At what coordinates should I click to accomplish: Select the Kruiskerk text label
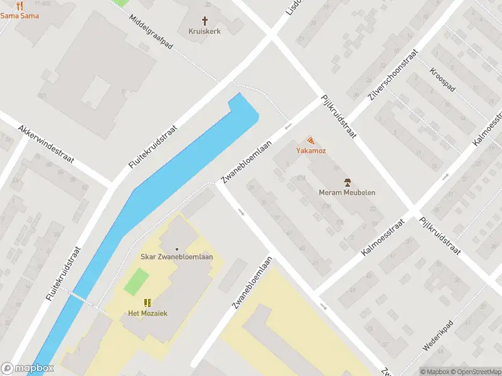click(205, 31)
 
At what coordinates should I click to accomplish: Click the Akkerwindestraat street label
click(46, 144)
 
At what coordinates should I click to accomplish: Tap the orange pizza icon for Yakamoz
click(311, 141)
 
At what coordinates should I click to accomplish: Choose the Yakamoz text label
click(311, 151)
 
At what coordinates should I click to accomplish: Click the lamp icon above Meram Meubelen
click(347, 182)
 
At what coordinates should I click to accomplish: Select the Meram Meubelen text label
click(346, 192)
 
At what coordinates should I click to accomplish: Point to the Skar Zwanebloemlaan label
click(176, 257)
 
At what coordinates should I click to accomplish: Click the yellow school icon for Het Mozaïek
click(148, 303)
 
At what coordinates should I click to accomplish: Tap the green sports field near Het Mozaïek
click(137, 281)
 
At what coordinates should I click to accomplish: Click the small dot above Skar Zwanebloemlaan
click(176, 248)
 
